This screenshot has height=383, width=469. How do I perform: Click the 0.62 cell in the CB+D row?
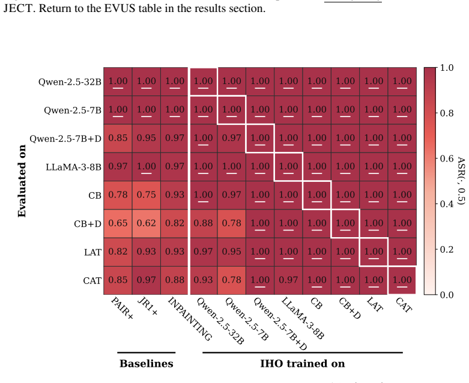(x=147, y=223)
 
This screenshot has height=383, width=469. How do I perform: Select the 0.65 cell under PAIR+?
(x=118, y=223)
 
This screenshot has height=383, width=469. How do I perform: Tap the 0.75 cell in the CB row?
(x=147, y=195)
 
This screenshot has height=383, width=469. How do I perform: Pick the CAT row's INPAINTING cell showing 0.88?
(x=175, y=280)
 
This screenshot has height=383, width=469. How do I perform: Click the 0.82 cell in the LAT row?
(x=118, y=252)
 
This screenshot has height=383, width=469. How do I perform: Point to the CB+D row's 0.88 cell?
(x=204, y=223)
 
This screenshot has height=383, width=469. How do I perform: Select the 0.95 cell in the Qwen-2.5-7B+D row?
(x=147, y=138)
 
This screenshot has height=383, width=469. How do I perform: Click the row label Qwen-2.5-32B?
(x=70, y=82)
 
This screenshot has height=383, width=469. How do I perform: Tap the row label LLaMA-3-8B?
(x=74, y=167)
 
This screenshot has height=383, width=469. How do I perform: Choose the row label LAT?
(x=92, y=252)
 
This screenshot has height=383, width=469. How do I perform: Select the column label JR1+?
(x=147, y=306)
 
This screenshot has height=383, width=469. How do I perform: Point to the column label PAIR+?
(x=122, y=307)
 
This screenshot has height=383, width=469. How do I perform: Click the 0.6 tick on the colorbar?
(x=447, y=158)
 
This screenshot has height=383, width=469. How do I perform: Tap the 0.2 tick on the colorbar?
(x=447, y=249)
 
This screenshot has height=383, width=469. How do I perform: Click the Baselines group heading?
(x=147, y=364)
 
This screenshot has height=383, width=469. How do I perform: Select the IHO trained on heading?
(x=303, y=364)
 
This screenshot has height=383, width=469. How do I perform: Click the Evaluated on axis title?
(x=22, y=181)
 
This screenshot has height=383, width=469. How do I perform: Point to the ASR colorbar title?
(x=461, y=181)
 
